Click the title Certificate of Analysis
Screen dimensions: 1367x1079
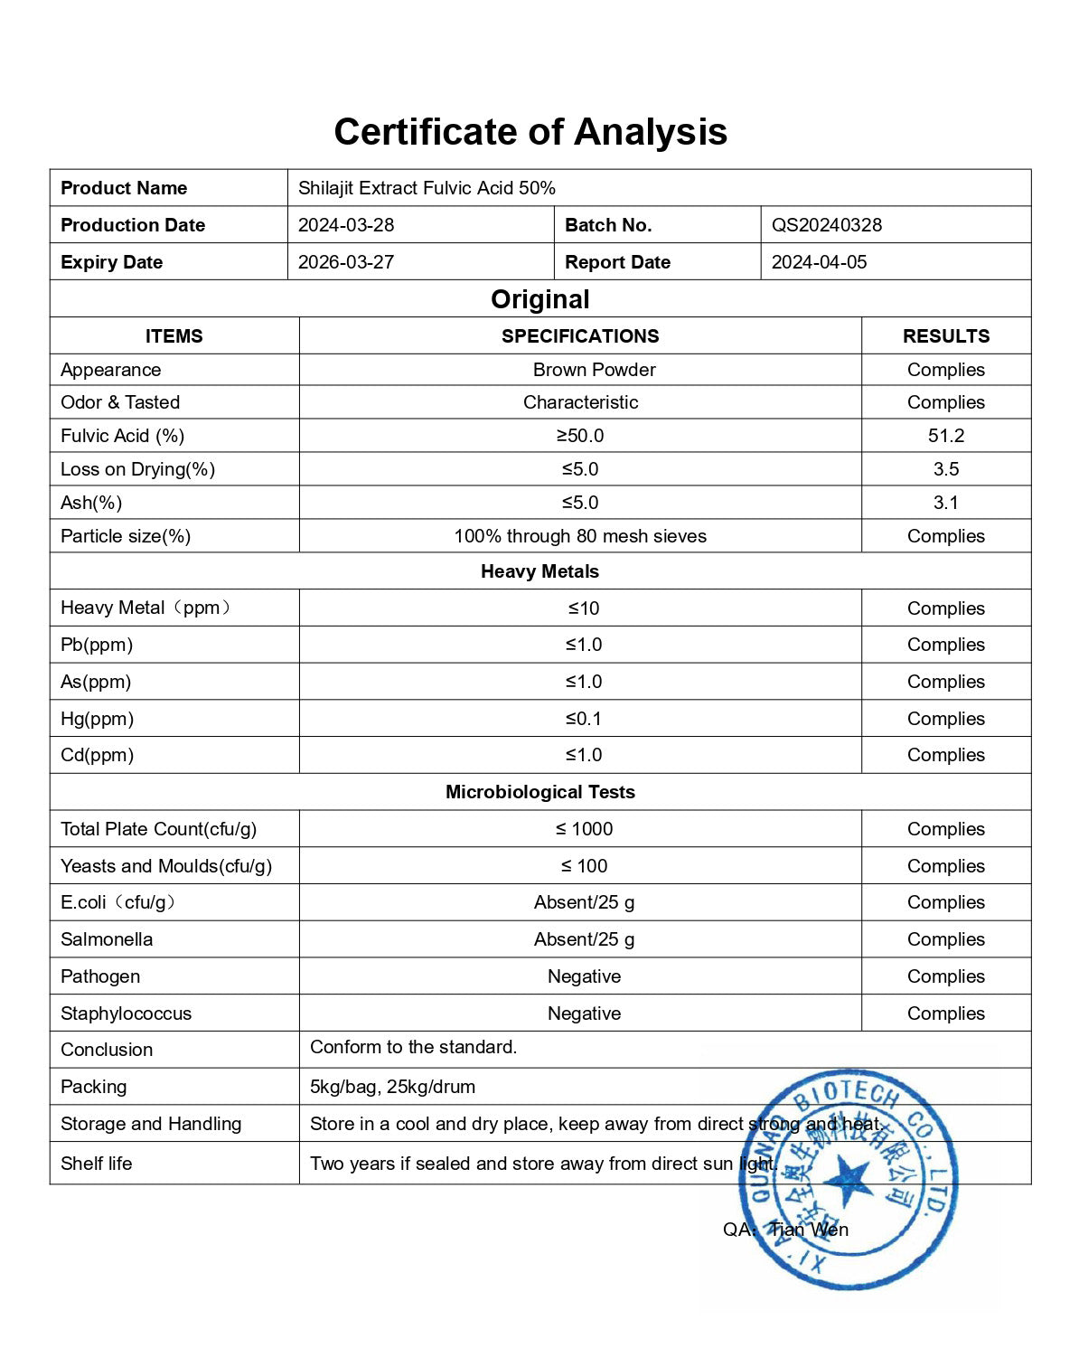(x=530, y=132)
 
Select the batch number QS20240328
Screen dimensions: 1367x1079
(x=826, y=225)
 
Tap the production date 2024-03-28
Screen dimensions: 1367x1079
(x=346, y=225)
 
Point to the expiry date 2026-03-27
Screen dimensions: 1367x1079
(x=346, y=262)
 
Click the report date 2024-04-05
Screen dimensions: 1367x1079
(x=819, y=262)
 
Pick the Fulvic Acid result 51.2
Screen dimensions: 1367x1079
(x=945, y=436)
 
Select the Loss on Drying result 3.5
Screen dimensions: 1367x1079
(x=945, y=469)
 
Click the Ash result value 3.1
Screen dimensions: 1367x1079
(x=945, y=503)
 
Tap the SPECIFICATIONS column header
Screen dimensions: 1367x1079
(x=580, y=336)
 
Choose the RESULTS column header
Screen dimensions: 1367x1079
(x=945, y=336)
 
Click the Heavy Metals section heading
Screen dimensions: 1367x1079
(x=539, y=571)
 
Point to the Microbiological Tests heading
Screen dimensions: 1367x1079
(x=539, y=792)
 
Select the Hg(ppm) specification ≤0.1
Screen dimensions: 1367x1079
(x=583, y=719)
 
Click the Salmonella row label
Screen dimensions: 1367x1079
(x=107, y=939)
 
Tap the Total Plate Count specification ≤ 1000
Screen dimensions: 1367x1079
(x=584, y=829)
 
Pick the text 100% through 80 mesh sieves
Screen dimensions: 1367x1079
(x=580, y=536)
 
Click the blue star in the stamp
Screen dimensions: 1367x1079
(x=848, y=1180)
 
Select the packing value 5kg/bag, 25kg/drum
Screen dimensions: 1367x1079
(x=392, y=1087)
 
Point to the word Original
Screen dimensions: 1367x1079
(x=539, y=299)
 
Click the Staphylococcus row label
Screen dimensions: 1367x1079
(x=126, y=1013)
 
